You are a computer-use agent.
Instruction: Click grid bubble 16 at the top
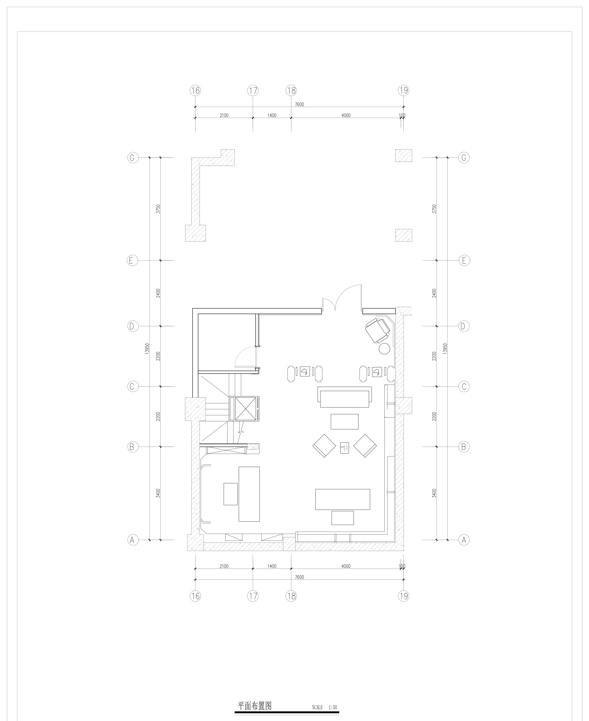(195, 91)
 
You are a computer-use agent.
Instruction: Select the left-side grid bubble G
(133, 158)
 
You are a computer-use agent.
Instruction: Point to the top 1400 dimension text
(272, 115)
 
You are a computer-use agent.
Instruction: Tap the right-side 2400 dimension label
(434, 293)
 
